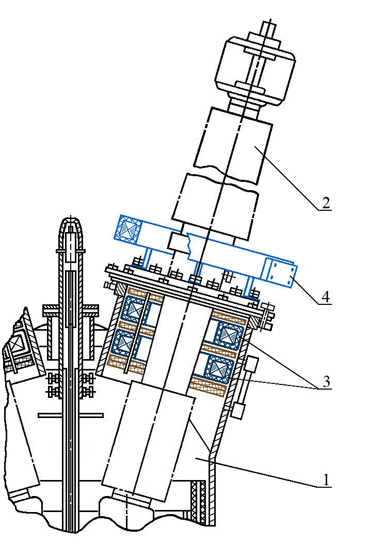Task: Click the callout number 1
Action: click(326, 479)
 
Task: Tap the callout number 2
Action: click(326, 203)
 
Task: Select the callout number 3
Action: click(326, 383)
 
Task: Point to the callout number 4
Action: click(326, 298)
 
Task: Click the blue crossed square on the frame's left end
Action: click(127, 228)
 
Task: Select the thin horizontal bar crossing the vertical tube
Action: click(70, 415)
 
